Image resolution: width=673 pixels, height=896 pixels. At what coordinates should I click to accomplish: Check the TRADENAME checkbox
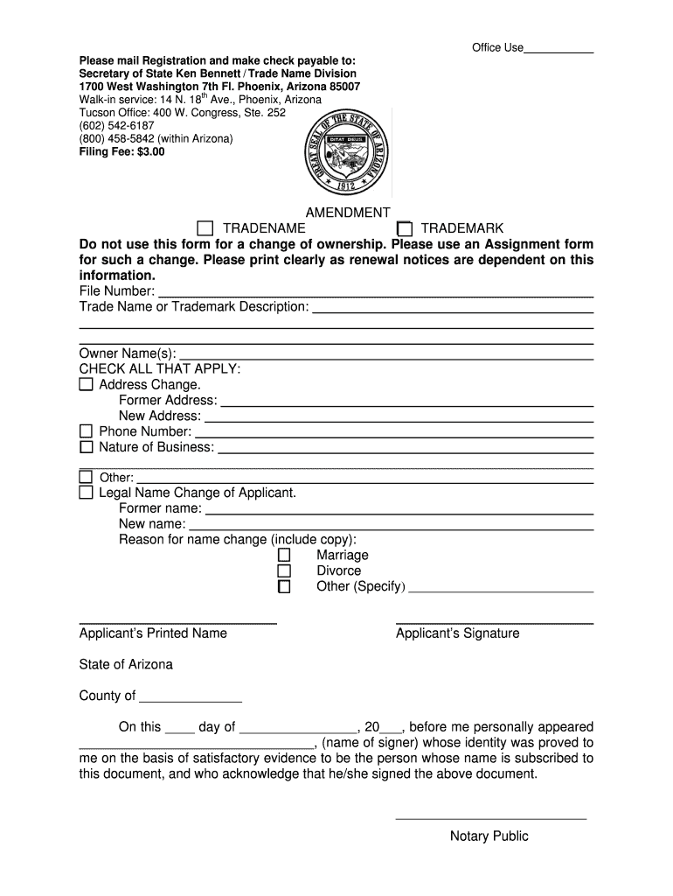(x=205, y=229)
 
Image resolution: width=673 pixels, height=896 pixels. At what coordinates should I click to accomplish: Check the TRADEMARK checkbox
(x=404, y=229)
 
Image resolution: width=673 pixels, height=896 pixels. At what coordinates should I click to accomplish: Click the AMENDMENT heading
(x=348, y=213)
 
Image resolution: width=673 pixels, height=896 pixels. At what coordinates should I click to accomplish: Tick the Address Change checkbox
(x=86, y=384)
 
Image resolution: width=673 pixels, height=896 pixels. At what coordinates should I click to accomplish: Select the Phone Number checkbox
(x=86, y=431)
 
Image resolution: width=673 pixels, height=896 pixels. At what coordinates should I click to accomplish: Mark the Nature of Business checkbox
(x=86, y=447)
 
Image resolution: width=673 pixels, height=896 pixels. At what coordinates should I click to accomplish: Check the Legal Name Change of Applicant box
(x=86, y=493)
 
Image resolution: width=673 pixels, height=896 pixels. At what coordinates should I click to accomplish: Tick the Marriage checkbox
(x=284, y=555)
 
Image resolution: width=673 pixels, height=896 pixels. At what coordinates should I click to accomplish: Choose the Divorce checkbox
(x=284, y=570)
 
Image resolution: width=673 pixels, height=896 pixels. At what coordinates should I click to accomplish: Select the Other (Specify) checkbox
(x=284, y=586)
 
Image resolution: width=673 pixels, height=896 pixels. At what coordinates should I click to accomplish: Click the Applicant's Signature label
(x=457, y=633)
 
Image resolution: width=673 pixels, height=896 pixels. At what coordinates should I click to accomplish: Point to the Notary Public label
(x=489, y=836)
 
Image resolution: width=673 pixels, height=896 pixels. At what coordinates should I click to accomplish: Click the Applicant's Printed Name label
(x=153, y=633)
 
